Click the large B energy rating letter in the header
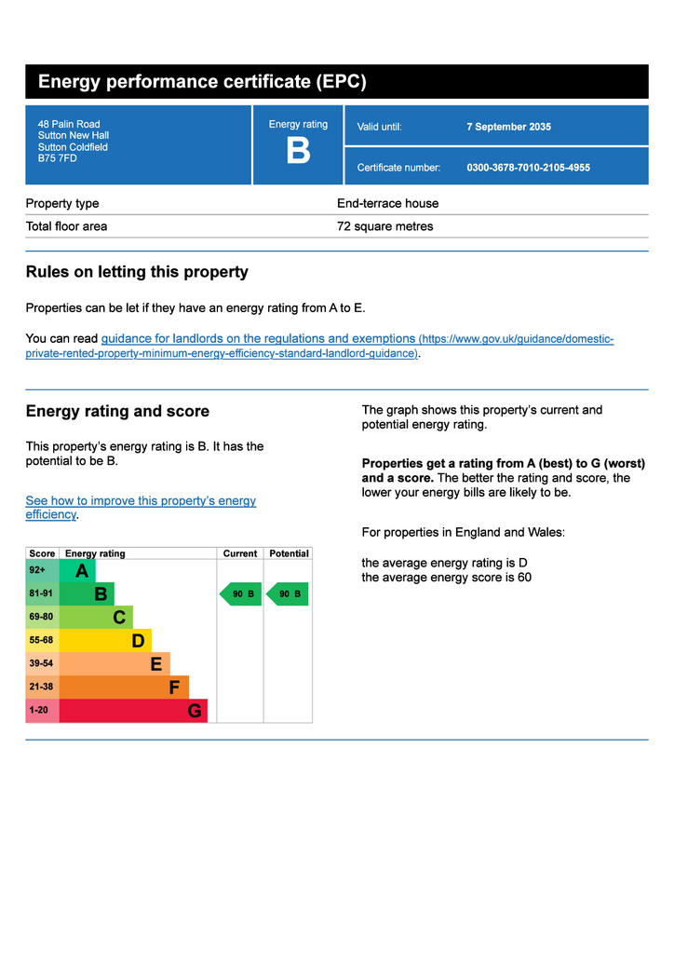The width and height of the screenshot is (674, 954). pos(298,151)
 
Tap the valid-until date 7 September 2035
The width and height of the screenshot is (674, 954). pos(508,127)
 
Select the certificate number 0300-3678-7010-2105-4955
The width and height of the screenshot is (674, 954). pos(528,168)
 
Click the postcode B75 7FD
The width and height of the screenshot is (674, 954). pos(58,158)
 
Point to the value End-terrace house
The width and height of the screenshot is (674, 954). pos(387,203)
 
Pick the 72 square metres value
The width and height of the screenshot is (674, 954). pos(384,226)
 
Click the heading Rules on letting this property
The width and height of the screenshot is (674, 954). pos(137,272)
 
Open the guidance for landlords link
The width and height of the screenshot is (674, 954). pos(258,339)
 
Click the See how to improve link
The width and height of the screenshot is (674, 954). pos(141,501)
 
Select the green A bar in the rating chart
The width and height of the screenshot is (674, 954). pos(78,570)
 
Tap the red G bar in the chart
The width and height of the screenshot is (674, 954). pos(133,711)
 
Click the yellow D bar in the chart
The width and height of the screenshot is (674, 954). pos(105,641)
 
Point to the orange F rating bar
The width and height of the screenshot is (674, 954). pos(124,688)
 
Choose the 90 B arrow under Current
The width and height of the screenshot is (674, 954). pos(241,593)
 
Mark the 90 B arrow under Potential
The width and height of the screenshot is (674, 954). pos(288,593)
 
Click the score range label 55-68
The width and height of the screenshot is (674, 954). pos(41,641)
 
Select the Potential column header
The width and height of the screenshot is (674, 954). pos(289,553)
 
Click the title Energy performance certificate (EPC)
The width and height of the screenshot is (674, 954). pos(202,82)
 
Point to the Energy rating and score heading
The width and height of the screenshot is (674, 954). pos(117,412)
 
